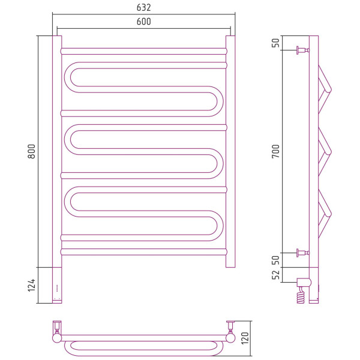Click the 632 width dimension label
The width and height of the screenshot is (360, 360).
point(144,8)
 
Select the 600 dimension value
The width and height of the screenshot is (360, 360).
point(144,22)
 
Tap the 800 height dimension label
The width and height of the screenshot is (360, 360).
point(31,151)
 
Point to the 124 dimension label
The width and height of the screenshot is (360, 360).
point(31,285)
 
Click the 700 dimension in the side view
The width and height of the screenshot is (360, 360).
point(275,151)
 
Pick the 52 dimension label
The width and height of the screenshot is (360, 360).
point(275,275)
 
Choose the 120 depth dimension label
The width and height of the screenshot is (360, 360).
point(245,338)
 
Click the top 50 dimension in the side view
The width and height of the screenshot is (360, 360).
point(275,43)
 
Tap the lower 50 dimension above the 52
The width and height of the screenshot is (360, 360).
point(275,260)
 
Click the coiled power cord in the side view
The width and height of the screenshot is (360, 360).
point(301,295)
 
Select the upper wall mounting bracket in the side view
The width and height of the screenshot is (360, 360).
point(303,50)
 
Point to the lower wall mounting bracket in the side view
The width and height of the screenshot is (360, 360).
point(303,253)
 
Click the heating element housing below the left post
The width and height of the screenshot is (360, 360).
point(57,285)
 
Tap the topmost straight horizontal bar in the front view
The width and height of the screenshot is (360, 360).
point(144,51)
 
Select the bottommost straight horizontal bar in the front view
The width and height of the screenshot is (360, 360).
point(144,252)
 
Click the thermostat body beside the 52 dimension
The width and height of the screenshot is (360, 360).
point(304,282)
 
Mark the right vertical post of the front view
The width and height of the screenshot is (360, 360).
point(230,152)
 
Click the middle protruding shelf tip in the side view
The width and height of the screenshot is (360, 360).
point(329,152)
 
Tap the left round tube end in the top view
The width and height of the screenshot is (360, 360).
point(57,338)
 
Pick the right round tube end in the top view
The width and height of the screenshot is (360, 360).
point(230,338)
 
